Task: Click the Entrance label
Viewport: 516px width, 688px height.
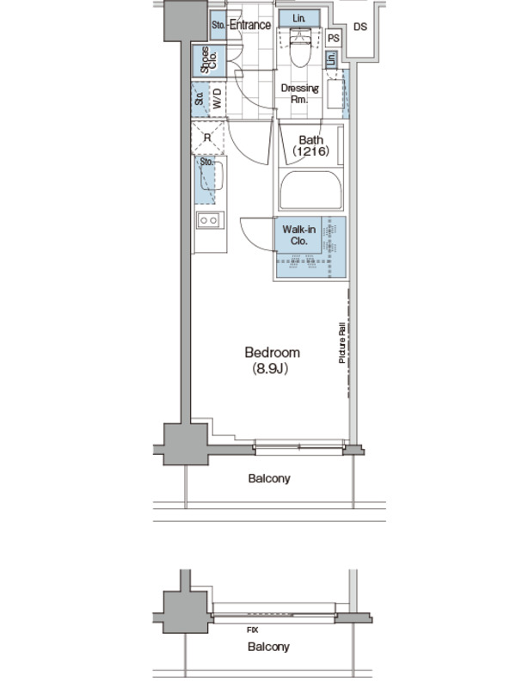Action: click(250, 25)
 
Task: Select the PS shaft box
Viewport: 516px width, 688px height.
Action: click(334, 39)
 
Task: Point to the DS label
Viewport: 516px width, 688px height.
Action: click(359, 27)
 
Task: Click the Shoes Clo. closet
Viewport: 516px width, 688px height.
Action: click(207, 60)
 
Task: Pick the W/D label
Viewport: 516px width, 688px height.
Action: click(217, 99)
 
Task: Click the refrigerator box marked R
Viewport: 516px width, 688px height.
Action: click(207, 137)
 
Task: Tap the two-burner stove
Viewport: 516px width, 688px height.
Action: click(207, 220)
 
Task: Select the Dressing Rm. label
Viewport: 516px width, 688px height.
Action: click(299, 94)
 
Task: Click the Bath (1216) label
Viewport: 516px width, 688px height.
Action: click(310, 145)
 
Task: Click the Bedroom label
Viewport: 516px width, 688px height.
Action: click(272, 353)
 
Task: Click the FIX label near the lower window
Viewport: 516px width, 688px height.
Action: click(252, 630)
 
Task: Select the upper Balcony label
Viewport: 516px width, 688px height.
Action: click(269, 478)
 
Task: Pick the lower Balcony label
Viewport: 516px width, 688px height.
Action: click(268, 647)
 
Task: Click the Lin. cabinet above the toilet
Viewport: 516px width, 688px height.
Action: click(298, 18)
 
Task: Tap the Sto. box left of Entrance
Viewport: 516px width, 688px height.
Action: click(218, 25)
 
